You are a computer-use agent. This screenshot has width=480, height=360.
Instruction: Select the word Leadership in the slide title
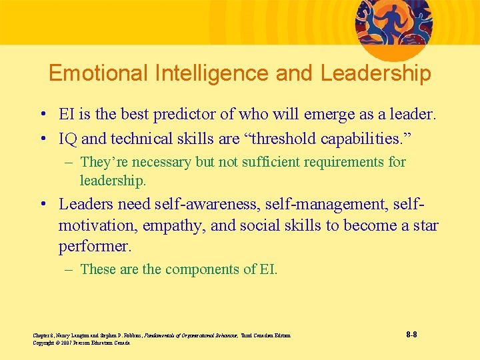coord(376,73)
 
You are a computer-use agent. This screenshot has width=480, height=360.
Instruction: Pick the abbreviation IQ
coord(69,139)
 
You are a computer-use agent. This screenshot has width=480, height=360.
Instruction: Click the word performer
coord(94,247)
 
